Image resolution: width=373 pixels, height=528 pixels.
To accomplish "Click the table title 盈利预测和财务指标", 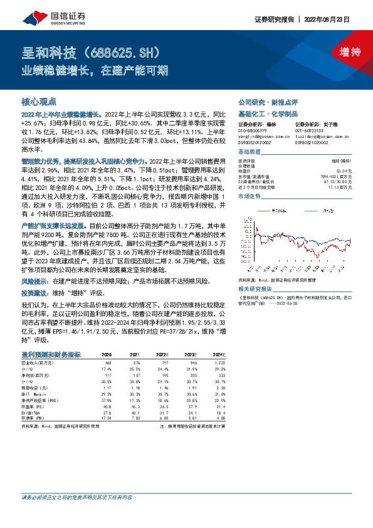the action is coord(51,355).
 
